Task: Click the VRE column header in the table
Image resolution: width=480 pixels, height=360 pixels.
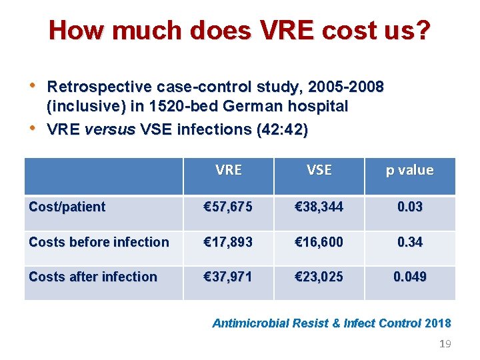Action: pos(229,170)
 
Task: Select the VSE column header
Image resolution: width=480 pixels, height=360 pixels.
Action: pos(319,170)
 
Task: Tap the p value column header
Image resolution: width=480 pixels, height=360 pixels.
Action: pos(409,170)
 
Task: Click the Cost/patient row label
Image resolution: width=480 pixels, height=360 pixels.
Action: pos(67,207)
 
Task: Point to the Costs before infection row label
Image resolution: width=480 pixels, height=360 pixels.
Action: pos(99,242)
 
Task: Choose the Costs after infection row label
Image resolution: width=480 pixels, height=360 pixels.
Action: pos(93,277)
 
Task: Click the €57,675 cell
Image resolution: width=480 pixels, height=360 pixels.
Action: pos(228,207)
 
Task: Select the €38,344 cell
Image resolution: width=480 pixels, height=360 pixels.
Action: pos(319,207)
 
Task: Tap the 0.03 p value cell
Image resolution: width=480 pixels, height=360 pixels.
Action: pos(409,207)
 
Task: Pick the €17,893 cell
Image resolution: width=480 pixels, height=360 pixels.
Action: pos(228,242)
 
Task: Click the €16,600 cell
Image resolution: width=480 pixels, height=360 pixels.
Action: pos(319,242)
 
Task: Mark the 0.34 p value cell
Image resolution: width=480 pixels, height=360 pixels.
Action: pos(409,242)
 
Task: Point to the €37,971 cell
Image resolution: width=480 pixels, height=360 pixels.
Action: pos(228,277)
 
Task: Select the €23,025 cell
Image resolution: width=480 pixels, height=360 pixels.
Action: pos(319,277)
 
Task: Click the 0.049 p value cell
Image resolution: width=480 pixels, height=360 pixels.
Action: pos(409,277)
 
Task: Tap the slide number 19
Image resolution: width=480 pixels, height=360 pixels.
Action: pos(445,344)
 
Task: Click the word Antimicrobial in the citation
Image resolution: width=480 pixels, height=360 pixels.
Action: pos(250,323)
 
